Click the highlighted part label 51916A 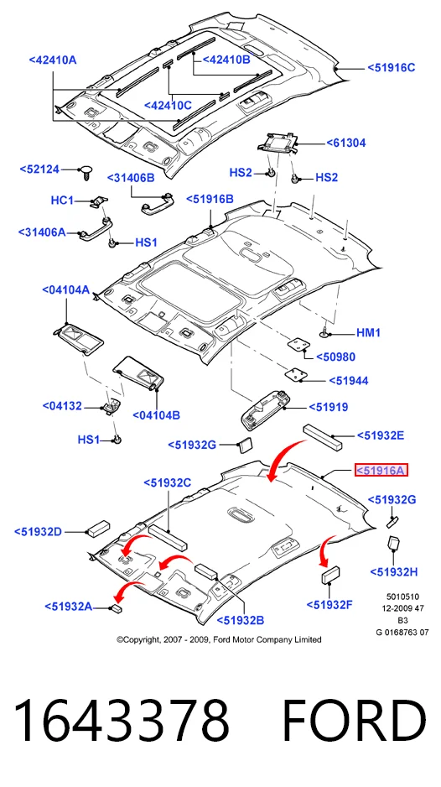381,471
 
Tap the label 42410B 226,60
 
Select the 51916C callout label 392,67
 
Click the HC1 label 63,201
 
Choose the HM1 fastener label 368,333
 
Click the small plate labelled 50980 298,345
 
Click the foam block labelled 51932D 98,529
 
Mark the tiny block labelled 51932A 118,608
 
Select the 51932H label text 394,571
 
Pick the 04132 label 62,405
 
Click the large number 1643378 121,721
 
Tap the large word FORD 354,721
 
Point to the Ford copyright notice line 219,639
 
